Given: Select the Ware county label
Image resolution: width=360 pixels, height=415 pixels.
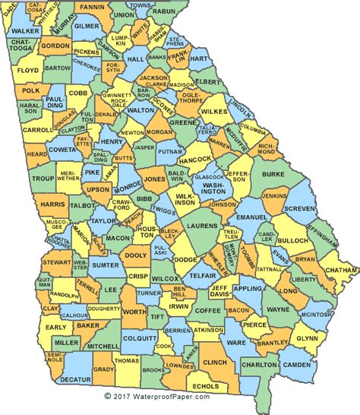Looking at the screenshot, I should coord(236,342).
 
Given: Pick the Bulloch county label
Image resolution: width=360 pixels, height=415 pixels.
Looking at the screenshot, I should coord(296,241).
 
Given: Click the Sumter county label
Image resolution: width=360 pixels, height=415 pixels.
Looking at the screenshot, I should coord(106,265).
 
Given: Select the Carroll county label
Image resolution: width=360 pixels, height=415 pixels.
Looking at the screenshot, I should coord(36,129).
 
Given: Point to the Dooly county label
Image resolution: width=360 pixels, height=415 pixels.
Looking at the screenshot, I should coord(136,256).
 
